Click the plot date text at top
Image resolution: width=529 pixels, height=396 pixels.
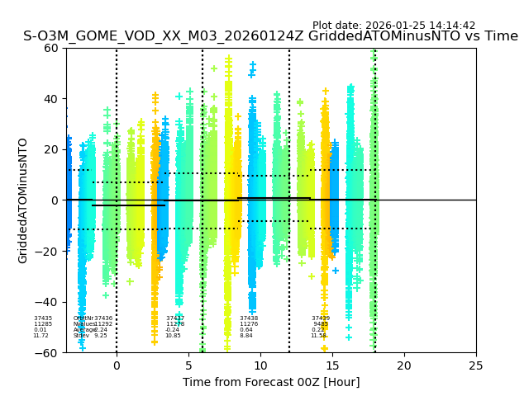coord(393,26)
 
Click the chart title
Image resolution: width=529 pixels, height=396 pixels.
coord(270,36)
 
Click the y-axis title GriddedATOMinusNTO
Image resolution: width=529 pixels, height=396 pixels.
coord(23,200)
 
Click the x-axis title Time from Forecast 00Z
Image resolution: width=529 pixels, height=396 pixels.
coord(271,382)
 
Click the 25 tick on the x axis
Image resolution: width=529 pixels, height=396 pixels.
coord(476,365)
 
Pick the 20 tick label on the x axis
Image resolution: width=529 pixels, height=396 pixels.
coord(404,365)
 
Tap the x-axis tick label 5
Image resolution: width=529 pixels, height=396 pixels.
coord(188,365)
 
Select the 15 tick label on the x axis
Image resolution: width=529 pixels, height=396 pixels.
coord(332,365)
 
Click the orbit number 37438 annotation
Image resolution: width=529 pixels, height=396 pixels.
coord(249,318)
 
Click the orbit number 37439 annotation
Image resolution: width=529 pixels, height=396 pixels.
coord(321,318)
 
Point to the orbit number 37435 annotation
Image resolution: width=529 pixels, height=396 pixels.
coord(43,318)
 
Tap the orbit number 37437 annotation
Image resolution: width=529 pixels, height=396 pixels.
coord(175,318)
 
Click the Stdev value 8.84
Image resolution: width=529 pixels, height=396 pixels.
coord(246,336)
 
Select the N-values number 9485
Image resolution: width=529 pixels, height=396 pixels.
coord(321,324)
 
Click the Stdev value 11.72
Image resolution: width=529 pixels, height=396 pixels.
coord(41,336)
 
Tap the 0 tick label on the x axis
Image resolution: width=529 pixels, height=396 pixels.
coord(117,365)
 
